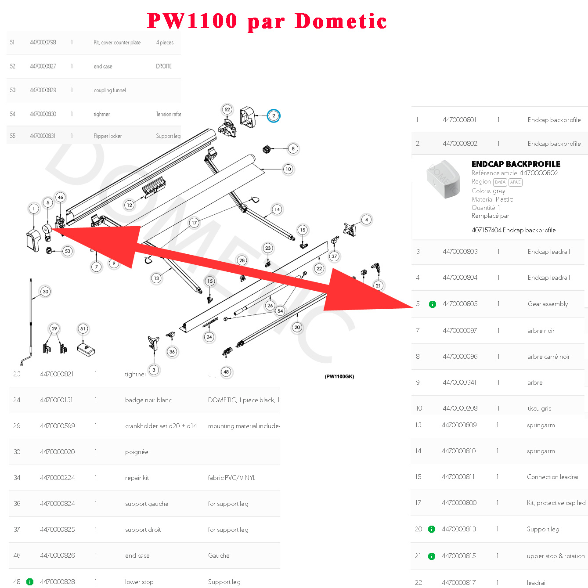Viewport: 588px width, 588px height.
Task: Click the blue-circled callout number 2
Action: pyautogui.click(x=274, y=116)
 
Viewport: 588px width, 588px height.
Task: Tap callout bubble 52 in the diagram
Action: pyautogui.click(x=227, y=109)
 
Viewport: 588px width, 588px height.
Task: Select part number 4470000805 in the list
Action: pyautogui.click(x=460, y=304)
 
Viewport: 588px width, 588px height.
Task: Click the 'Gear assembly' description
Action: pyautogui.click(x=548, y=304)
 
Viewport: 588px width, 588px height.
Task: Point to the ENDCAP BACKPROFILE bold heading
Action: pyautogui.click(x=516, y=164)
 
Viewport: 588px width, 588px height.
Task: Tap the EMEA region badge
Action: pyautogui.click(x=500, y=182)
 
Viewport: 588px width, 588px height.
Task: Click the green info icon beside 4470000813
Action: pyautogui.click(x=432, y=529)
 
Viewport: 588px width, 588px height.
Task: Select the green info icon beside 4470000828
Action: pyautogui.click(x=30, y=582)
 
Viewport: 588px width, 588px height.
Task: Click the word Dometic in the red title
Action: pyautogui.click(x=341, y=21)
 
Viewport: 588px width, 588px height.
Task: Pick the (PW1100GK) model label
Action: pyautogui.click(x=339, y=376)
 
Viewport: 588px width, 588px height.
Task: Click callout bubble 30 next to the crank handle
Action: pyautogui.click(x=45, y=292)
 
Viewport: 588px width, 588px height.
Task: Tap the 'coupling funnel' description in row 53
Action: pyautogui.click(x=110, y=90)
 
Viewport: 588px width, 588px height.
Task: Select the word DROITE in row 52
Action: pyautogui.click(x=164, y=66)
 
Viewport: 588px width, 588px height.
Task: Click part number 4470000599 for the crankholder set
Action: pyautogui.click(x=58, y=426)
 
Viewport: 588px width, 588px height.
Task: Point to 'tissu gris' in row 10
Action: pyautogui.click(x=539, y=408)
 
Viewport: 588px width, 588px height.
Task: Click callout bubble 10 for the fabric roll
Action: pyautogui.click(x=288, y=169)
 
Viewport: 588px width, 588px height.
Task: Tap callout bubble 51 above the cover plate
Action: pyautogui.click(x=83, y=328)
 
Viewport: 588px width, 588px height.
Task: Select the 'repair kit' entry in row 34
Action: pyautogui.click(x=137, y=478)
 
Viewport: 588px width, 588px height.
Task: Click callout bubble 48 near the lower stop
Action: pyautogui.click(x=226, y=372)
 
